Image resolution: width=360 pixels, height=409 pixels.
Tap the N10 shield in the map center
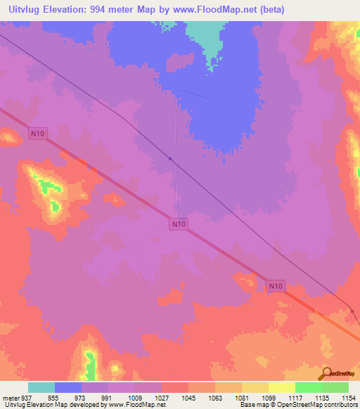(179, 224)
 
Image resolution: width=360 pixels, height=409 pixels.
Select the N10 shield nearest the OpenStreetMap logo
(276, 286)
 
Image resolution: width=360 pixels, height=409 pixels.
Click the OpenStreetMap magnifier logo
(326, 373)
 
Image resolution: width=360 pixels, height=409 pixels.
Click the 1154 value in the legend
(349, 398)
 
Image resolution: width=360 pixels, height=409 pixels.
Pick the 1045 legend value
(188, 398)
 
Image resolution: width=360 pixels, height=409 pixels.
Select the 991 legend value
(108, 398)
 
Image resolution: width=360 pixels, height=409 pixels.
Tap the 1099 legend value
(269, 398)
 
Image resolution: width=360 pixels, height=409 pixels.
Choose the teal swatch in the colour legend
(41, 387)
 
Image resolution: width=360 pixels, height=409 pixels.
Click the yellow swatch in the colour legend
(281, 387)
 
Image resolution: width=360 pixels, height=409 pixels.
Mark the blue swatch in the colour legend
(68, 387)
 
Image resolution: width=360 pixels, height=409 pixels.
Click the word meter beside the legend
(11, 398)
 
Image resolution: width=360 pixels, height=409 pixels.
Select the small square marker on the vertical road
(170, 159)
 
